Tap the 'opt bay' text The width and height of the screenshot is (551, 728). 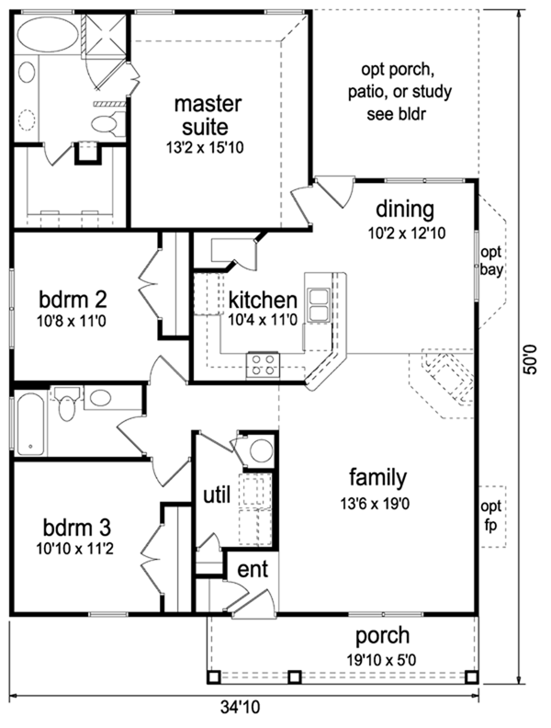pos(492,262)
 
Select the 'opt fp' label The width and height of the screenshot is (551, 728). pos(492,514)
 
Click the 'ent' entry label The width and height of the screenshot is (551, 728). pos(253,569)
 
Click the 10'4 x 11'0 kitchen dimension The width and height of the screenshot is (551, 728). pos(263,321)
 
